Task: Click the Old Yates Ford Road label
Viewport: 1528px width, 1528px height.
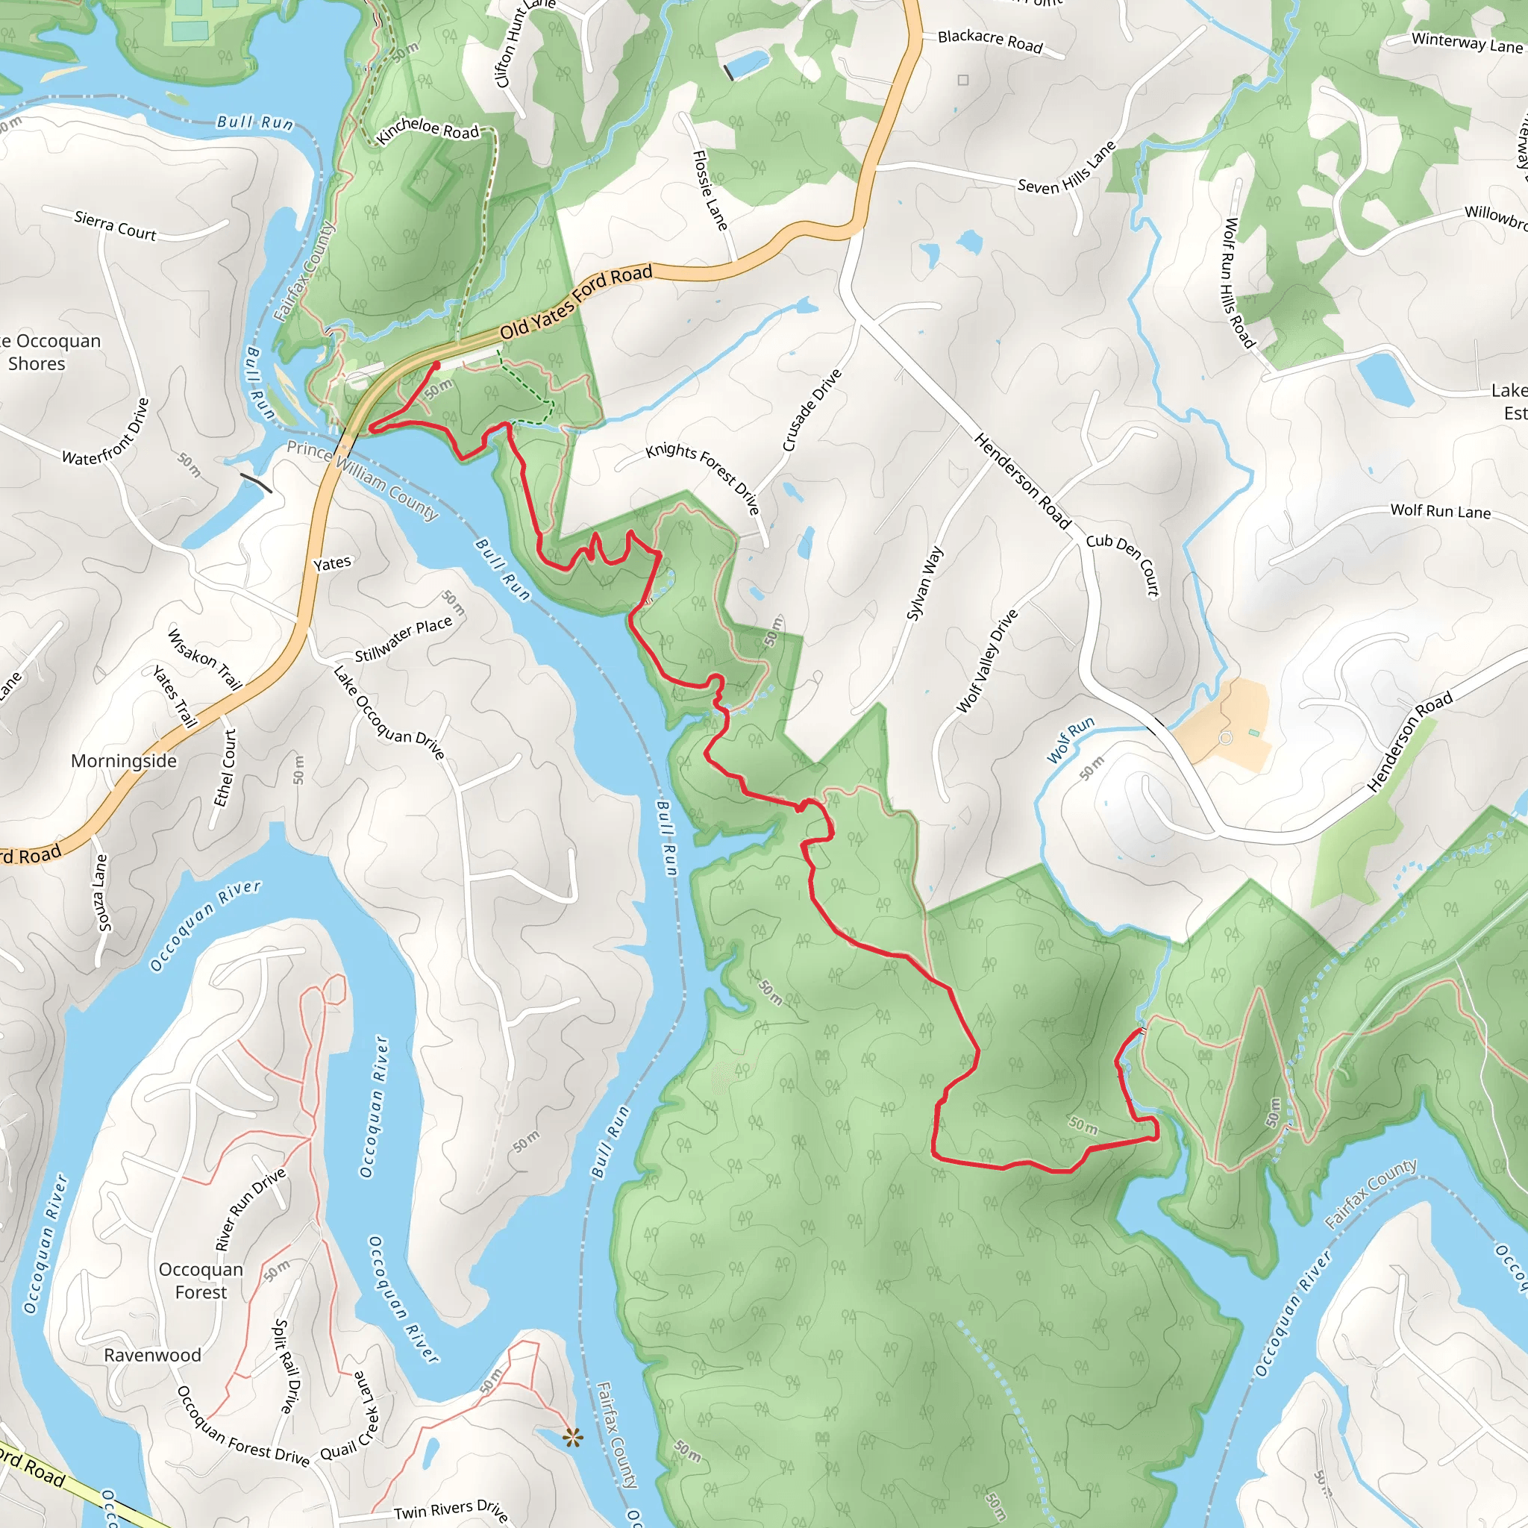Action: click(576, 301)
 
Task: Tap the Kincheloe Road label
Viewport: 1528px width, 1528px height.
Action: click(428, 130)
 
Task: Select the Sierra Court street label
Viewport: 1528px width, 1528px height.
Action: click(116, 225)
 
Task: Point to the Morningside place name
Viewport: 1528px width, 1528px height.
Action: click(124, 761)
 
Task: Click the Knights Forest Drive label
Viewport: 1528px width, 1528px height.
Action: click(703, 478)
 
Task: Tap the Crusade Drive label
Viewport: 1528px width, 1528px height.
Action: click(812, 410)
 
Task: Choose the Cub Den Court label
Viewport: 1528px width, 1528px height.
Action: click(1123, 563)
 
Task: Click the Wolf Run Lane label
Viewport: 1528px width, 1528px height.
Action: click(1440, 512)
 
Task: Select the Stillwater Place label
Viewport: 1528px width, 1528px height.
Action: click(404, 639)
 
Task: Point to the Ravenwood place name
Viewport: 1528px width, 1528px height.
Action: click(153, 1355)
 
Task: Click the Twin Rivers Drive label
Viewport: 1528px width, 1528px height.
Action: click(451, 1511)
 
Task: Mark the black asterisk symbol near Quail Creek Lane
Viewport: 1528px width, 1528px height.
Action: click(572, 1437)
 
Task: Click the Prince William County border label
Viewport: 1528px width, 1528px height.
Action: click(362, 480)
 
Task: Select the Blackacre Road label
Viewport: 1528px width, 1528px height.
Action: click(990, 41)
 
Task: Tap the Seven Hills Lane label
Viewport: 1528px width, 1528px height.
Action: click(1066, 168)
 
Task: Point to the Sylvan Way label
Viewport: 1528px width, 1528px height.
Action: click(924, 583)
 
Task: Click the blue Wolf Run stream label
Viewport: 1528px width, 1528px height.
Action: click(1071, 739)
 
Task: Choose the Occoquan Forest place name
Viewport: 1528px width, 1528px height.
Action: click(201, 1280)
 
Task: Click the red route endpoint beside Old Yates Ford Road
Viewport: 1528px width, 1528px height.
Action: click(436, 365)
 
